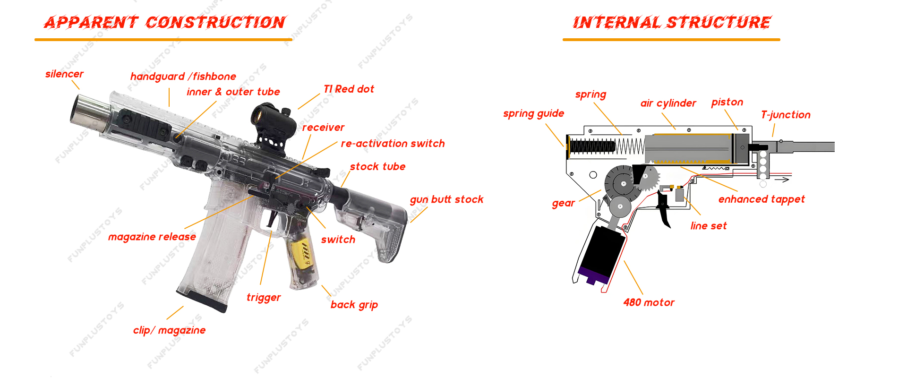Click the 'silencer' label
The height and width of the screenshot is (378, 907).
click(64, 74)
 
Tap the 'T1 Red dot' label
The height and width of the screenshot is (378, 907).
click(349, 89)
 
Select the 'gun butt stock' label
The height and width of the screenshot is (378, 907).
click(446, 200)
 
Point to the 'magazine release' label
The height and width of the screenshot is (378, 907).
click(152, 237)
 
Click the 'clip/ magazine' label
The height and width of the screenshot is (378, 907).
click(169, 330)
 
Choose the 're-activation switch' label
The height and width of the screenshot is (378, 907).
click(393, 144)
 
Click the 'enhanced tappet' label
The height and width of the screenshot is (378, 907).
click(762, 199)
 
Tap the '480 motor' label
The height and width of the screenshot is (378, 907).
click(649, 303)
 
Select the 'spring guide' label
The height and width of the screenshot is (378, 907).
click(533, 114)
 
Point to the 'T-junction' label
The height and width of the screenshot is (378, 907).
click(786, 115)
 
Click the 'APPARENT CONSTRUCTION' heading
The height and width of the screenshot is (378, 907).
click(164, 22)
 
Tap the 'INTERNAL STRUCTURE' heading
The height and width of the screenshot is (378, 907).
click(672, 22)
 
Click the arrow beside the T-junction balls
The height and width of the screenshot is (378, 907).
click(784, 180)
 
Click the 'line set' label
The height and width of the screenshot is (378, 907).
click(708, 226)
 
